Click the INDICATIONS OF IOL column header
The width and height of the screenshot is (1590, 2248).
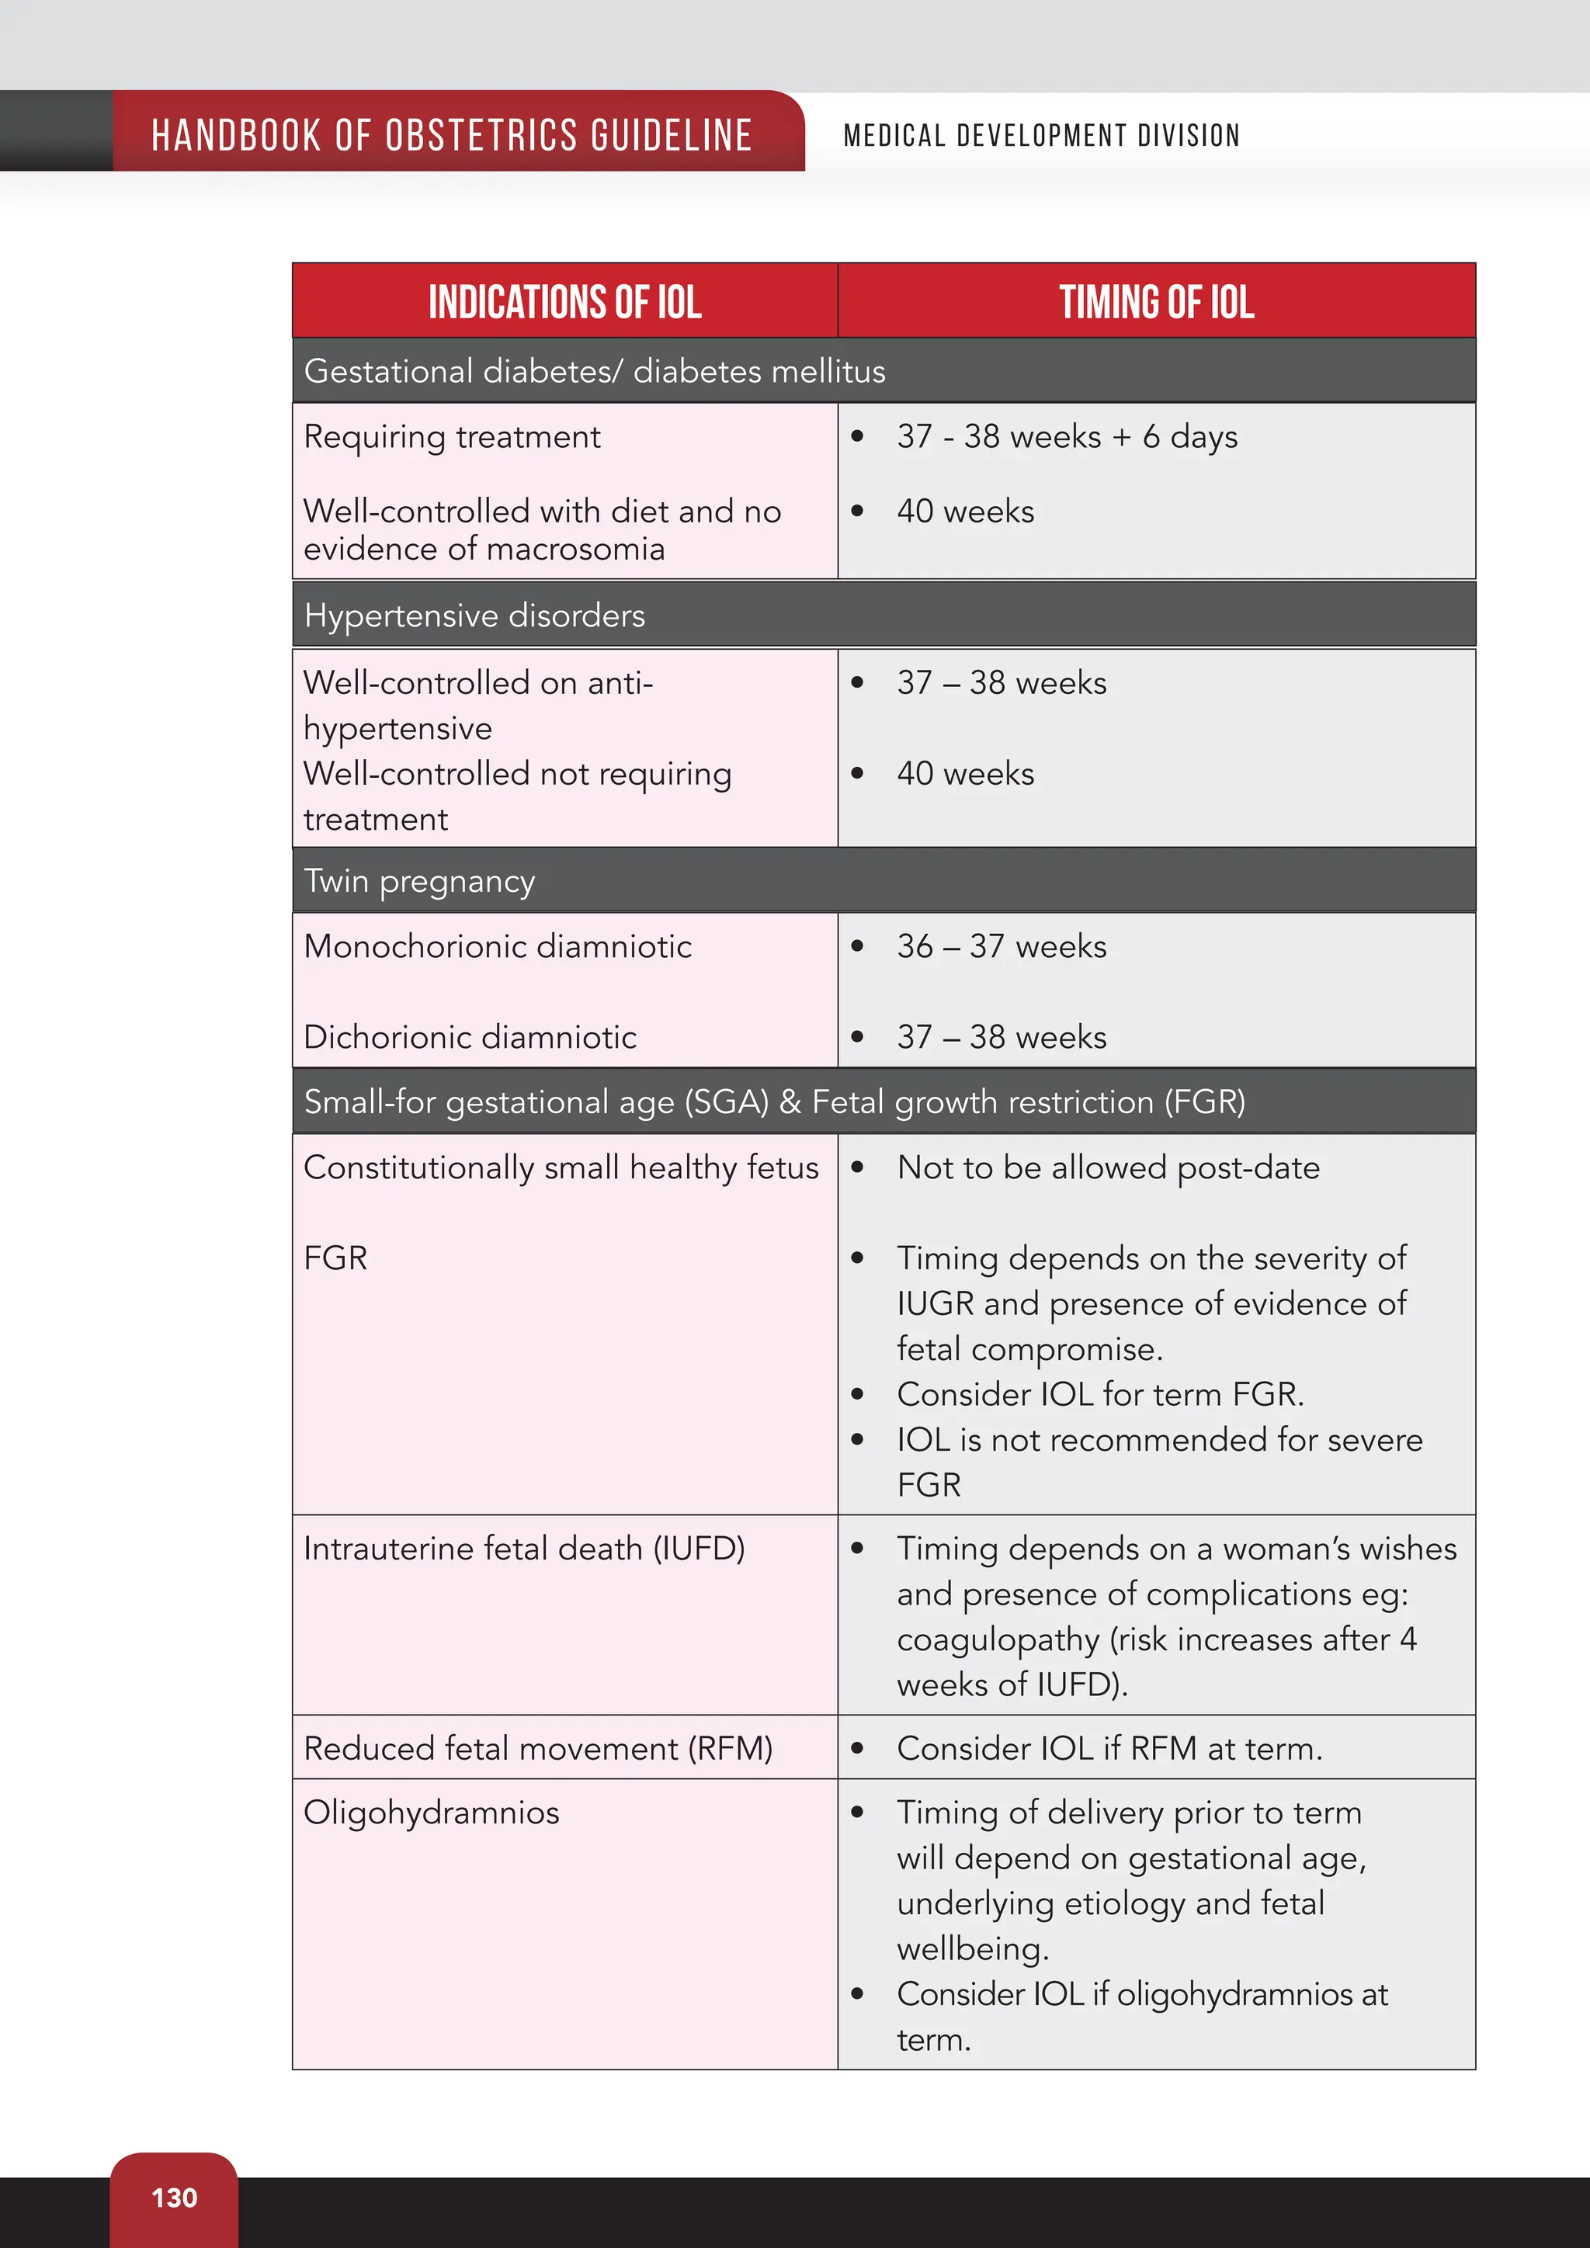pyautogui.click(x=565, y=301)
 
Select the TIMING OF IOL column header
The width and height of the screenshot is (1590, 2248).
pyautogui.click(x=1156, y=301)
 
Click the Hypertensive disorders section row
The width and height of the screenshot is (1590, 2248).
pyautogui.click(x=475, y=616)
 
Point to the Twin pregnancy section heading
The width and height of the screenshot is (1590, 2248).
pyautogui.click(x=419, y=881)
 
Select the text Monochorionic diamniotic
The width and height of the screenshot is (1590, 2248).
pyautogui.click(x=498, y=945)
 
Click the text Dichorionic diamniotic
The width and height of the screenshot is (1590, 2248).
pyautogui.click(x=470, y=1037)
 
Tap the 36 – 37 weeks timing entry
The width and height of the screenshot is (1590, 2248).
pyautogui.click(x=1001, y=945)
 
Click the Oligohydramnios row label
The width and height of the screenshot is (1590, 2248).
pyautogui.click(x=432, y=1813)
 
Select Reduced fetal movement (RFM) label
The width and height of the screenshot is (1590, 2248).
pyautogui.click(x=537, y=1749)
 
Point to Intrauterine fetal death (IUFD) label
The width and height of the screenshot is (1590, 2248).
pyautogui.click(x=524, y=1549)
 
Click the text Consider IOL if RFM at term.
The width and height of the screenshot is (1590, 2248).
pyautogui.click(x=1109, y=1749)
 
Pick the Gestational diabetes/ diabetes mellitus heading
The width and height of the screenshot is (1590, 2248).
pyautogui.click(x=594, y=371)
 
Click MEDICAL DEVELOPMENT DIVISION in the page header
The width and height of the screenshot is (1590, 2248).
pyautogui.click(x=1042, y=135)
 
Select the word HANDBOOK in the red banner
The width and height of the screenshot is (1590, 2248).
pyautogui.click(x=236, y=135)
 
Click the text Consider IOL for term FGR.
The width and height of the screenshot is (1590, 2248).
pyautogui.click(x=1099, y=1394)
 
